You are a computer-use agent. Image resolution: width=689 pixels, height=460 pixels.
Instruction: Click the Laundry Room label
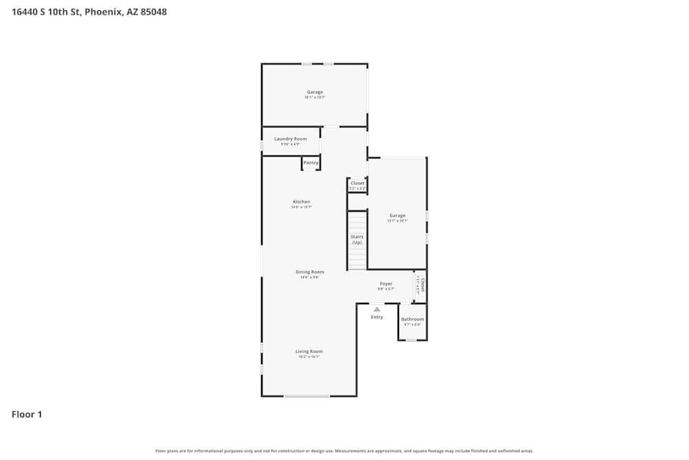290,139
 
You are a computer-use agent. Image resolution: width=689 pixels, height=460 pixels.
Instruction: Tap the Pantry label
311,163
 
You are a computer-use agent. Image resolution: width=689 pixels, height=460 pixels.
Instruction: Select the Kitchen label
301,202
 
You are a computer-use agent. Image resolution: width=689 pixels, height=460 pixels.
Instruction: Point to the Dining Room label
309,272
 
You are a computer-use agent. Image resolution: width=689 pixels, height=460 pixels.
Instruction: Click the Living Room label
309,352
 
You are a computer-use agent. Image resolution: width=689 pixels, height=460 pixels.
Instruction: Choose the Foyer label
386,283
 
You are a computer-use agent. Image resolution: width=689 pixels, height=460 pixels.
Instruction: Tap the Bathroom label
412,319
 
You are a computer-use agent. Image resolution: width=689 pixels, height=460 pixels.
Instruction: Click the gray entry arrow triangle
377,309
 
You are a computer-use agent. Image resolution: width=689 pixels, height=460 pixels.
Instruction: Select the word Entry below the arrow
377,317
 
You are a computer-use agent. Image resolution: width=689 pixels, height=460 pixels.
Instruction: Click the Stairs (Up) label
357,239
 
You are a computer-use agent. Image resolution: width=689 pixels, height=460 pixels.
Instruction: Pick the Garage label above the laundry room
315,92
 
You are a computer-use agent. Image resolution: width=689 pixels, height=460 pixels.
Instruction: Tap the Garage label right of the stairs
397,215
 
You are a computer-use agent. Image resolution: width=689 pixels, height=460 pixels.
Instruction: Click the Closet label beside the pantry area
357,183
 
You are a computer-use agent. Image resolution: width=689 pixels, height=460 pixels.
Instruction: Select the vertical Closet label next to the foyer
422,285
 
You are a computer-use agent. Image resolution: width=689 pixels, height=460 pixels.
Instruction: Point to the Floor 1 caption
27,414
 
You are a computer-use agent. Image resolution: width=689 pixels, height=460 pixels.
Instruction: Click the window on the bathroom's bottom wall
411,340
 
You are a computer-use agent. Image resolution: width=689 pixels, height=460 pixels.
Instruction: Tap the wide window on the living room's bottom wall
307,396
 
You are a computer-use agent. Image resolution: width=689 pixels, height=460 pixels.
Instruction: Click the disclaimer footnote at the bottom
344,451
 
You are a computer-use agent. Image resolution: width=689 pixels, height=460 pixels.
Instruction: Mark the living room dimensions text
309,357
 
